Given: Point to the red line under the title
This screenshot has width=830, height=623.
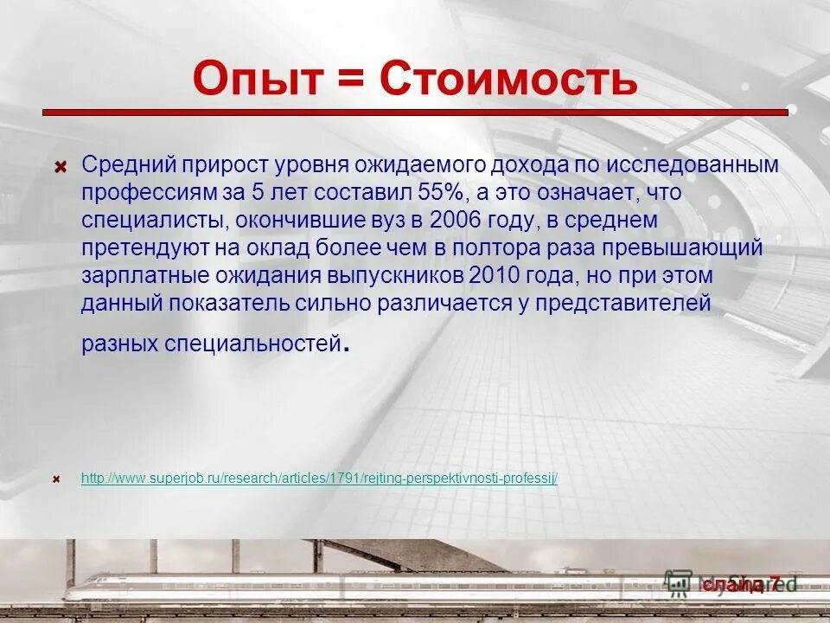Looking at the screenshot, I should point(415,112).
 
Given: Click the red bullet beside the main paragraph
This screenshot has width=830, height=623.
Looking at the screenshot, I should point(61,165).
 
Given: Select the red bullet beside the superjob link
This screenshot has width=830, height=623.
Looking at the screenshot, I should point(56,478).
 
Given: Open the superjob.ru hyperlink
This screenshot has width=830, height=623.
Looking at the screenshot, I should point(319,478).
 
